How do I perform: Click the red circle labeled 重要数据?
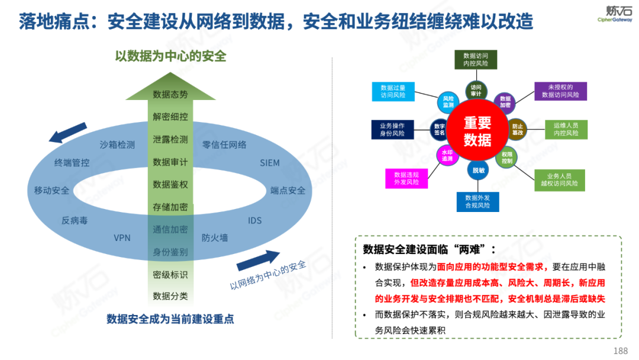pyautogui.click(x=477, y=131)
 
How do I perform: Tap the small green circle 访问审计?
pyautogui.click(x=476, y=91)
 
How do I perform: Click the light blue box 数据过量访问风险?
pyautogui.click(x=393, y=91)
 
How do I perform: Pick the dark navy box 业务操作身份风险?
pyautogui.click(x=392, y=130)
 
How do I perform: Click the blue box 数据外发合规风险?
pyautogui.click(x=477, y=201)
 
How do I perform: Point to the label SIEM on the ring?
pyautogui.click(x=270, y=163)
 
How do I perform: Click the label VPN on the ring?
pyautogui.click(x=122, y=238)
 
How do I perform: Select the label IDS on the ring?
pyautogui.click(x=254, y=221)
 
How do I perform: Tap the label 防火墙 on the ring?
pyautogui.click(x=214, y=238)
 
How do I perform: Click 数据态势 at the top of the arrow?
pyautogui.click(x=170, y=95)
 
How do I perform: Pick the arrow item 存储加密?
pyautogui.click(x=170, y=207)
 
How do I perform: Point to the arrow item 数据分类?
pyautogui.click(x=170, y=296)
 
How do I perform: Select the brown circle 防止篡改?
pyautogui.click(x=518, y=130)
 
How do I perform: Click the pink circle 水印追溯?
pyautogui.click(x=446, y=156)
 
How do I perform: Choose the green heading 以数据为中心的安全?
pyautogui.click(x=170, y=57)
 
